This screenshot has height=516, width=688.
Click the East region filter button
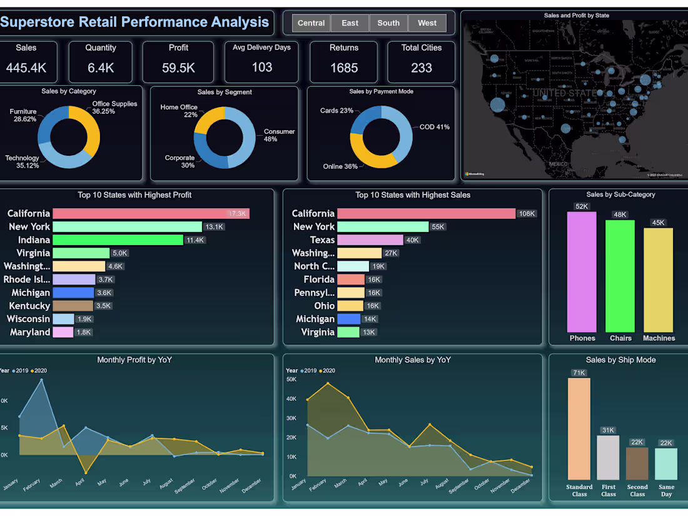coord(350,23)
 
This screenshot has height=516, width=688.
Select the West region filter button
coord(427,23)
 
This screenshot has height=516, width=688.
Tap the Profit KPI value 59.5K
coord(178,68)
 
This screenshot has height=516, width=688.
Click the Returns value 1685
coord(344,68)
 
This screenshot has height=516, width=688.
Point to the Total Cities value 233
coord(421,68)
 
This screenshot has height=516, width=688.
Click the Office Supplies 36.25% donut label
coord(114,108)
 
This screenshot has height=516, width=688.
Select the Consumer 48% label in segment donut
coord(279,135)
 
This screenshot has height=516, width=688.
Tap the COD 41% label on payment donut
coord(434,127)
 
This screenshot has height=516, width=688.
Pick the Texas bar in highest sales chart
coord(370,240)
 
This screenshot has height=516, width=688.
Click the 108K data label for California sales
coord(527,214)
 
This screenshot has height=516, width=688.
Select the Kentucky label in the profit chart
coord(29,306)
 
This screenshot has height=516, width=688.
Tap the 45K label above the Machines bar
coord(658,223)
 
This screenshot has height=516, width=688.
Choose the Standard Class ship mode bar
coord(579,428)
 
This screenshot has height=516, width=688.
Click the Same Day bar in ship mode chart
coord(666,463)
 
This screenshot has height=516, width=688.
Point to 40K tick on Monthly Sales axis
coord(291,398)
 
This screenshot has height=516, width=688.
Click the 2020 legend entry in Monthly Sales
coord(328,371)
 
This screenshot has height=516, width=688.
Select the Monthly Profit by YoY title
coord(134,360)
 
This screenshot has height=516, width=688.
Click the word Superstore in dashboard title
coord(37,23)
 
